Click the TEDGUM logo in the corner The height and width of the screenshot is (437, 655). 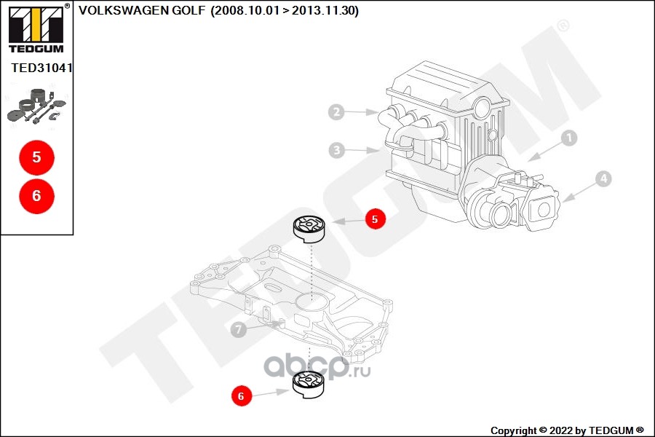(35, 29)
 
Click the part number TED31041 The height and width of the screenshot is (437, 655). (41, 68)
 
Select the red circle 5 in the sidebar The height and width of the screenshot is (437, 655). (37, 157)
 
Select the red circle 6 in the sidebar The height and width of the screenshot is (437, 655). (37, 195)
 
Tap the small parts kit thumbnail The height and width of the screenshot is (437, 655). (37, 109)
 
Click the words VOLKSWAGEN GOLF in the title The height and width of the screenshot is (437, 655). (141, 12)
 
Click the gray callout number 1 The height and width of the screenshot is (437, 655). (568, 138)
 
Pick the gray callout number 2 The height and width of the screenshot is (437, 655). (336, 112)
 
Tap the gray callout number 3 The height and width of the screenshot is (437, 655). (336, 151)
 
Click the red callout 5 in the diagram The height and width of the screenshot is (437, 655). (375, 219)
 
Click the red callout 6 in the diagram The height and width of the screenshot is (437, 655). (241, 396)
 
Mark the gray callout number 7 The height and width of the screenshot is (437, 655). (238, 330)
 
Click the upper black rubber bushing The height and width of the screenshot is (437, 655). (309, 228)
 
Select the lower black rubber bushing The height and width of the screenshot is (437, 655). (309, 384)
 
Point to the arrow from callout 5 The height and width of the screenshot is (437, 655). (347, 221)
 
